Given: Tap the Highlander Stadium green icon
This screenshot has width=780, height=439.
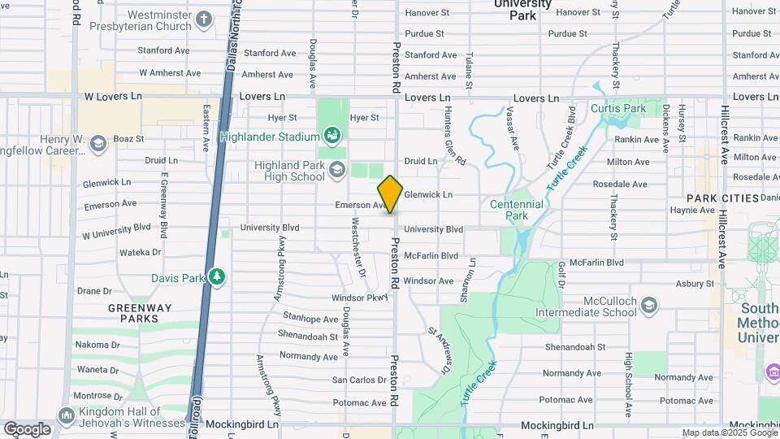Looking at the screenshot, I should point(331,134).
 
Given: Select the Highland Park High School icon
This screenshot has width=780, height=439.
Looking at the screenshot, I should point(337,170).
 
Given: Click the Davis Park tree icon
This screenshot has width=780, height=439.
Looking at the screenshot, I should point(217,277).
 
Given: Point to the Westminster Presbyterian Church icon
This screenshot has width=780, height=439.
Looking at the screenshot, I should point(204,18).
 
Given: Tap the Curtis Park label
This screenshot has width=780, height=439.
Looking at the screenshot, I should point(618,108).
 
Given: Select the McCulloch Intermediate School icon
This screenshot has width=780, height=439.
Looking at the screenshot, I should point(648,306).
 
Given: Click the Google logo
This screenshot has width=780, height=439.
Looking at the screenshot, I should point(27,429).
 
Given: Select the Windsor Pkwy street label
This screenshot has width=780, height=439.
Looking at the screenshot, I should point(361,298).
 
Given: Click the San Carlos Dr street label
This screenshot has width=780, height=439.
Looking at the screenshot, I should point(359,380).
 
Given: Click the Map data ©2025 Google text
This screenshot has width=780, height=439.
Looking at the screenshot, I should point(729,433).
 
